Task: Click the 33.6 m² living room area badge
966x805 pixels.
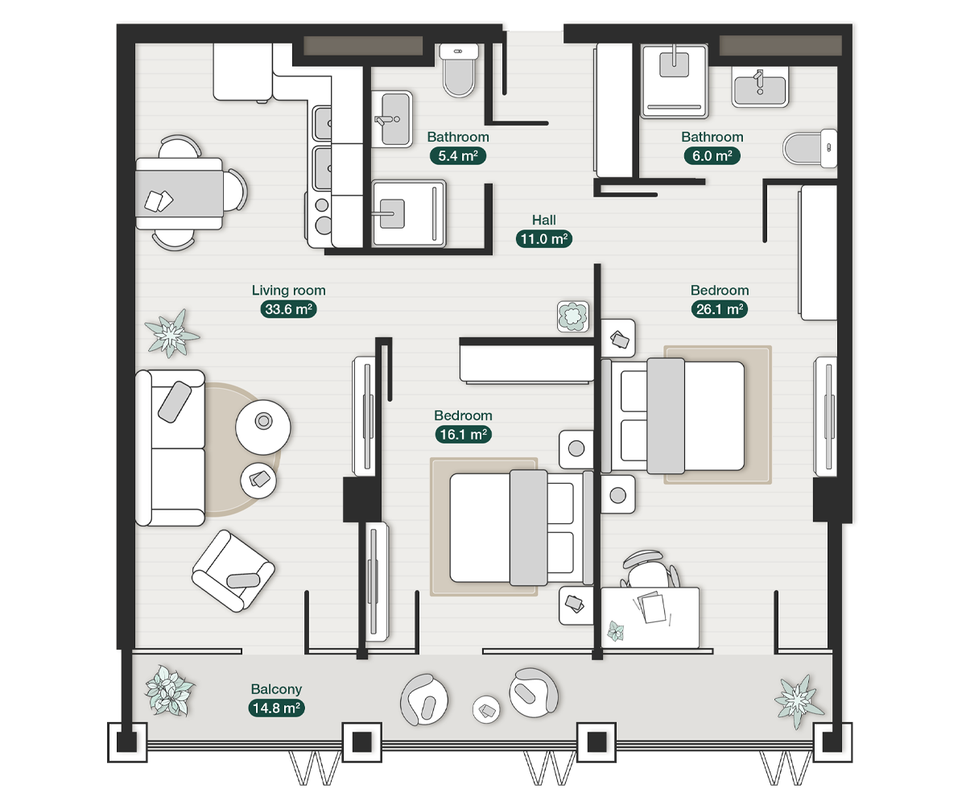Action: tap(288, 308)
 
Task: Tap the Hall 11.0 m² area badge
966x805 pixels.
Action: tap(543, 238)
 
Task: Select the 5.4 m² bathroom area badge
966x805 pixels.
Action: tap(458, 155)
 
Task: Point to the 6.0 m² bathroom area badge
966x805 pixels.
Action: tap(712, 155)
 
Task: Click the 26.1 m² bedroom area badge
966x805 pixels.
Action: tap(720, 308)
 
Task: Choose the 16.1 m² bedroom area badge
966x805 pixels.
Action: tap(463, 434)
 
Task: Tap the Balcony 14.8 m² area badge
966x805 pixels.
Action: tap(276, 708)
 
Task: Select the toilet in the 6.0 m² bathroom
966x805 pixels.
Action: tap(810, 148)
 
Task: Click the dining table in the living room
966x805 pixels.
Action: tap(179, 194)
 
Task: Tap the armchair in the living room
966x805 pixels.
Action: tap(232, 570)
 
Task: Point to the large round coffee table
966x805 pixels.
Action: tap(263, 422)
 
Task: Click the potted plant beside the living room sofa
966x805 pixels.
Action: tap(171, 333)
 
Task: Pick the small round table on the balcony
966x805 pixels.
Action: tap(488, 709)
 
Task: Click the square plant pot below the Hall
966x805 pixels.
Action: tap(572, 316)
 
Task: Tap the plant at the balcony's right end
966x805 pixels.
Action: tap(798, 700)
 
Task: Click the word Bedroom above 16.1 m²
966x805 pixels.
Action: tap(463, 415)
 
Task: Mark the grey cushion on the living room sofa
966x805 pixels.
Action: tap(175, 400)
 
